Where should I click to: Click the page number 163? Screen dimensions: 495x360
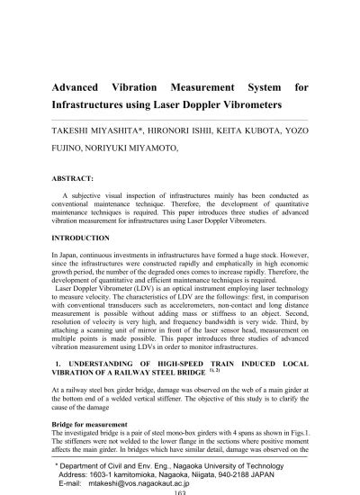click(x=179, y=490)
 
